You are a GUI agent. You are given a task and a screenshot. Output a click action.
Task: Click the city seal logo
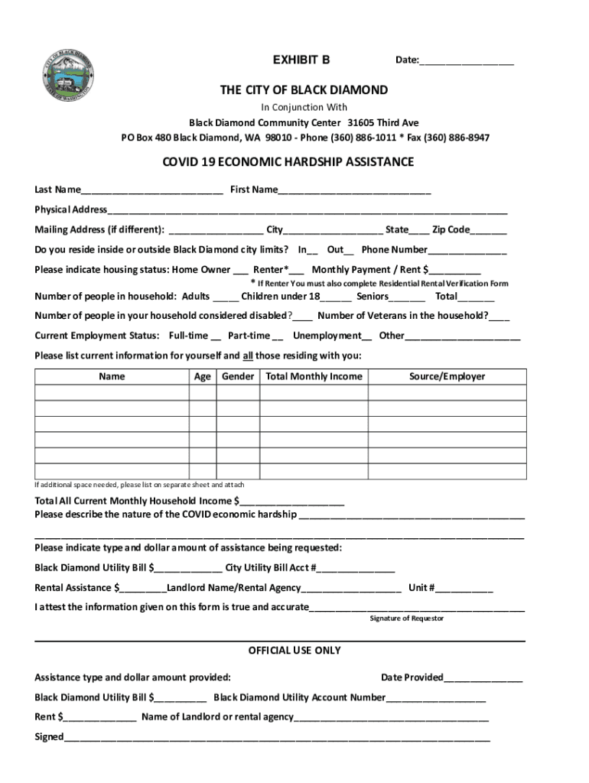(67, 76)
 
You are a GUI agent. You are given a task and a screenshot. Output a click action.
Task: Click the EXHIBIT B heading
(301, 60)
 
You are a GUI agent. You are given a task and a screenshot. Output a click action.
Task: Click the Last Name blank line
(152, 190)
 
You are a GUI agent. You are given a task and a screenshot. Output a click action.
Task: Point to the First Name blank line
(355, 190)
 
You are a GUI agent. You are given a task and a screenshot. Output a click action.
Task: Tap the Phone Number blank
(467, 250)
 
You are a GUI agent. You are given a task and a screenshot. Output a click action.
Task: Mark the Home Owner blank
(240, 270)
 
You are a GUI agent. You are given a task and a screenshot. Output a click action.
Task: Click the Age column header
(203, 376)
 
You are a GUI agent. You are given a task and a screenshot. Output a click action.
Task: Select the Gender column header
(238, 376)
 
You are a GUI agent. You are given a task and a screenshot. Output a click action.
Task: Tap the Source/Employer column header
(447, 376)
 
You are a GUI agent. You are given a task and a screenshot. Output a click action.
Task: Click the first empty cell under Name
(112, 393)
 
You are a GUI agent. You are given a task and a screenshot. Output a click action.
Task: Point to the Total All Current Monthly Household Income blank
(291, 502)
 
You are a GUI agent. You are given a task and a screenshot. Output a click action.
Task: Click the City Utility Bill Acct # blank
(356, 568)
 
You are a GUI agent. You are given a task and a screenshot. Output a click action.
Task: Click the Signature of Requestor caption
(406, 618)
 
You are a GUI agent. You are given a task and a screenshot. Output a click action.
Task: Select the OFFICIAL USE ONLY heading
(294, 651)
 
